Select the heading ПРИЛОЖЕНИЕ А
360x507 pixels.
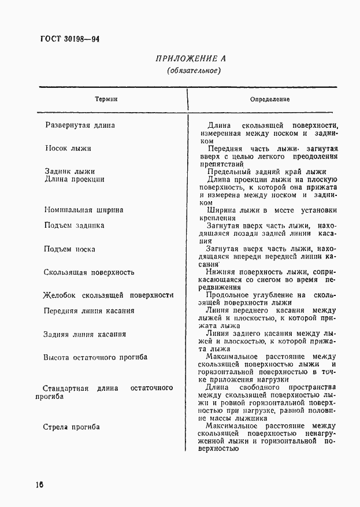[191, 58]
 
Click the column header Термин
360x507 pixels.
[106, 99]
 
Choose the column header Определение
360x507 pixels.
[270, 99]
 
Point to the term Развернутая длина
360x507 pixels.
[80, 125]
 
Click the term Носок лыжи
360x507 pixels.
[68, 148]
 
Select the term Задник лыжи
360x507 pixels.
[70, 171]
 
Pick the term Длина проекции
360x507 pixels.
[75, 179]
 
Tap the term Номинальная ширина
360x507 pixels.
[84, 210]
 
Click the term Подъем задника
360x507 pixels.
[75, 225]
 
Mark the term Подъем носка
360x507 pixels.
[70, 249]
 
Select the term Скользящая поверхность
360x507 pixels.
[89, 272]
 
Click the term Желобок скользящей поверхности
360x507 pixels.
[109, 295]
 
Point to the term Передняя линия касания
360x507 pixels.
[89, 310]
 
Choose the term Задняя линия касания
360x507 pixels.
[85, 334]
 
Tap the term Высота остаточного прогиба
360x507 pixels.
[95, 357]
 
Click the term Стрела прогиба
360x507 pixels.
[72, 427]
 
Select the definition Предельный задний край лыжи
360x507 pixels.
[266, 171]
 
